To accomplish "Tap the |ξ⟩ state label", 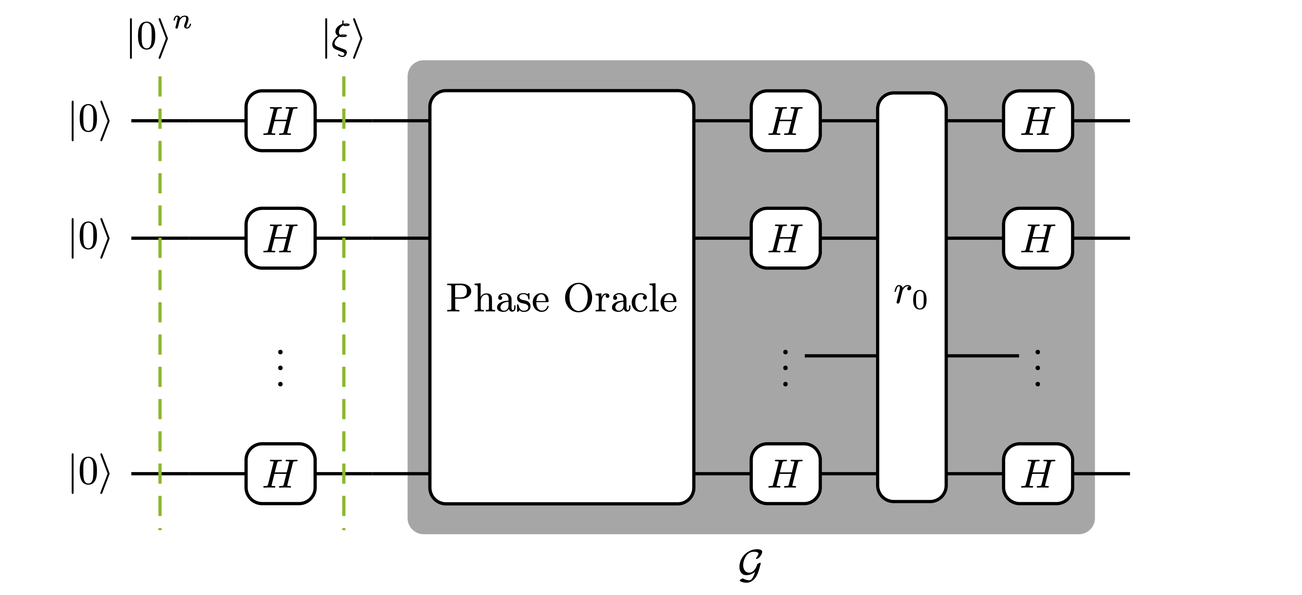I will click(x=343, y=39).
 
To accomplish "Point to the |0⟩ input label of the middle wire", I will click(x=90, y=238).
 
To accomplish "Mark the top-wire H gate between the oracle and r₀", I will click(x=785, y=121).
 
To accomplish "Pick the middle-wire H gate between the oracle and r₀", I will click(x=785, y=238).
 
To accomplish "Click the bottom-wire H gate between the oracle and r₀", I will click(x=785, y=474).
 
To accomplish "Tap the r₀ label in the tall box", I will click(x=911, y=296).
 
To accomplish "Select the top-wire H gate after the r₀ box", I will click(x=1038, y=121).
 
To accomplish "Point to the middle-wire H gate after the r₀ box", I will click(x=1038, y=238).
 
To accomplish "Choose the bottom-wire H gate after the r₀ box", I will click(x=1038, y=474).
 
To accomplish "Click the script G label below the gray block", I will click(x=750, y=566).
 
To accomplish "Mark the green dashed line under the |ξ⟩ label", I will click(x=344, y=303).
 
